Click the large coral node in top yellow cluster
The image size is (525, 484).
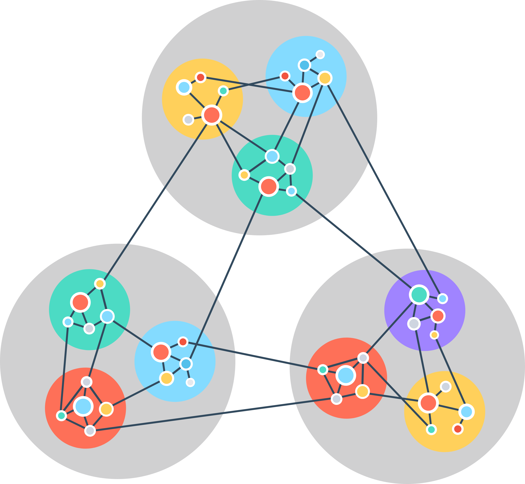click(x=212, y=115)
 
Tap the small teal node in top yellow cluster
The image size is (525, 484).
click(x=223, y=91)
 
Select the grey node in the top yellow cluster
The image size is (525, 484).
click(x=188, y=120)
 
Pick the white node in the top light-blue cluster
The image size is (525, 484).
click(x=320, y=54)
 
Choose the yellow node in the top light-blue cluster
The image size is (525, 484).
click(x=325, y=78)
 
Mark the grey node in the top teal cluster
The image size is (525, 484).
click(x=290, y=169)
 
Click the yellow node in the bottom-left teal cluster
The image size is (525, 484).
click(x=100, y=283)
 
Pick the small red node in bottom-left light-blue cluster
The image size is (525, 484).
click(x=183, y=342)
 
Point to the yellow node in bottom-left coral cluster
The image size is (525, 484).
click(x=106, y=409)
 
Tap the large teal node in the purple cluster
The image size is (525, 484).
click(x=419, y=294)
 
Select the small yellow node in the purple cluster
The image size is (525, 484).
click(x=434, y=335)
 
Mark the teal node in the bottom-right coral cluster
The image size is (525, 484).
click(x=323, y=370)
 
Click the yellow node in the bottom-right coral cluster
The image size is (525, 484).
click(x=362, y=392)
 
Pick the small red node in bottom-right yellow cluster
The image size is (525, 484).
click(x=458, y=429)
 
